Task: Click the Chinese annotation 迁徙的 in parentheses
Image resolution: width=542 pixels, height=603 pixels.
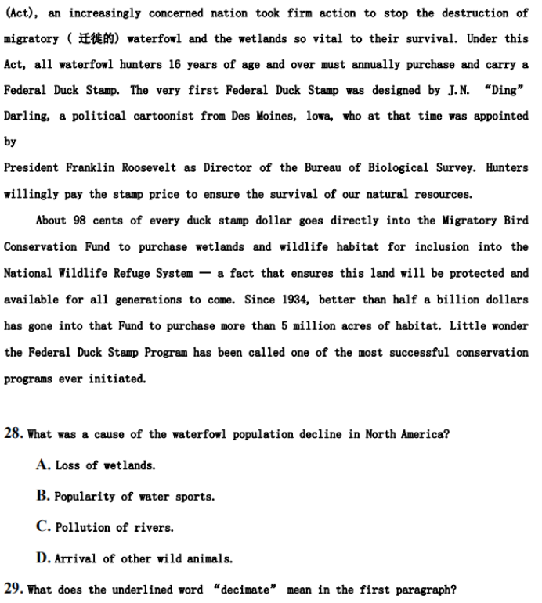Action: click(x=98, y=39)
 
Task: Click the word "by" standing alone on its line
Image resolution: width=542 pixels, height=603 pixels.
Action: click(x=10, y=142)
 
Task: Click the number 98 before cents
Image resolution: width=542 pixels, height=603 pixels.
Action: click(x=78, y=221)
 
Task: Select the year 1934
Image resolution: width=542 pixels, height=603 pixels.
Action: click(x=305, y=300)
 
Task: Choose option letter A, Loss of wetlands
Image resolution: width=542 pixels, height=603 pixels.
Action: click(x=43, y=465)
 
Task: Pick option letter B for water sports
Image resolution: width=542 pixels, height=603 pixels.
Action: click(x=43, y=496)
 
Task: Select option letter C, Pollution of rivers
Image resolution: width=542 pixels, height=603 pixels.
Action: click(x=43, y=527)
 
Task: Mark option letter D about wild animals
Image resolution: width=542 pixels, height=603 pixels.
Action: click(x=43, y=558)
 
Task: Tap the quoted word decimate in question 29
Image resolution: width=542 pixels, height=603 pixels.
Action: click(x=247, y=590)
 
